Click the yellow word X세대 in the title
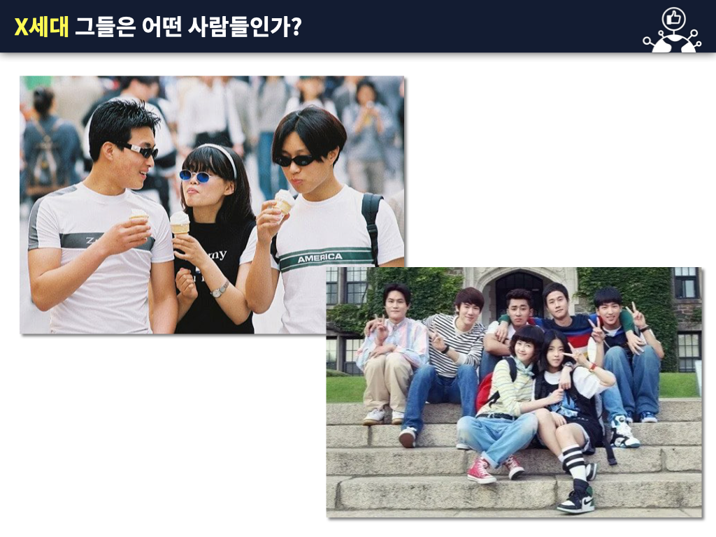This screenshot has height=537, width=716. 41,27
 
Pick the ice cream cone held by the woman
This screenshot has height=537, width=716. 180,223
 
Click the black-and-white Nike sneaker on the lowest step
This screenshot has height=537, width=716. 576,499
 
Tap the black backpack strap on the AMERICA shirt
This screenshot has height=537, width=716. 371,224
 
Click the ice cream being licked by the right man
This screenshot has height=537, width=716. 284,200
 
